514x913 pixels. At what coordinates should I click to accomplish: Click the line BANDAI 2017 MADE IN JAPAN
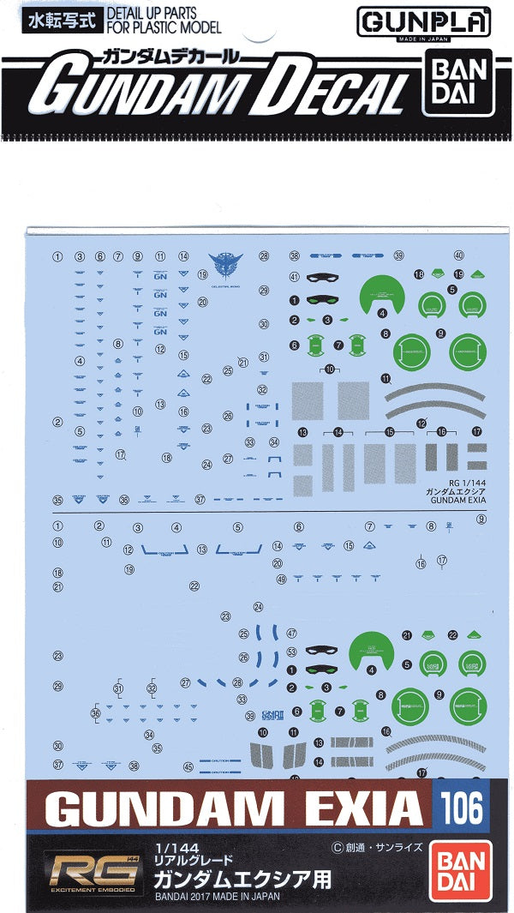point(217,898)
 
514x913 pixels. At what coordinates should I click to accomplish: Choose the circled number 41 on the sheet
point(294,277)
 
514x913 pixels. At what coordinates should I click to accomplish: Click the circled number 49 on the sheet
point(281,580)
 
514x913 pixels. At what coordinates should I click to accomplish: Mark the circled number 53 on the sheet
point(292,652)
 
